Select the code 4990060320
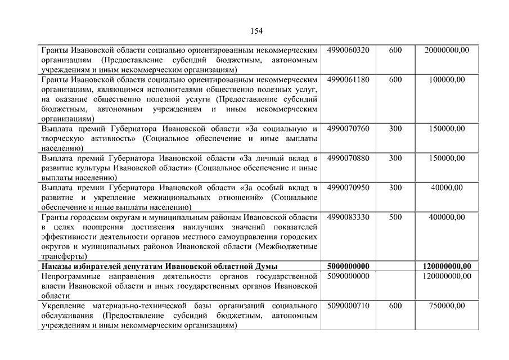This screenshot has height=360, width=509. (348, 50)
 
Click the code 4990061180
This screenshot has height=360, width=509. (348, 79)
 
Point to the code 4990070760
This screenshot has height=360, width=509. (348, 129)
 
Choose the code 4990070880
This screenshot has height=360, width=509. (348, 158)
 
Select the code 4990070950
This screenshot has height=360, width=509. (348, 187)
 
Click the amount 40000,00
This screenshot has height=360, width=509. (447, 187)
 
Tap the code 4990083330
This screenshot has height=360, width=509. (348, 217)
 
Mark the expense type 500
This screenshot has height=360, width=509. (395, 217)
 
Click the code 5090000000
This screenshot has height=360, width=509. (348, 276)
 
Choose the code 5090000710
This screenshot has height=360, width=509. (348, 305)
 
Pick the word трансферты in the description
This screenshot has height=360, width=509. (64, 256)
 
